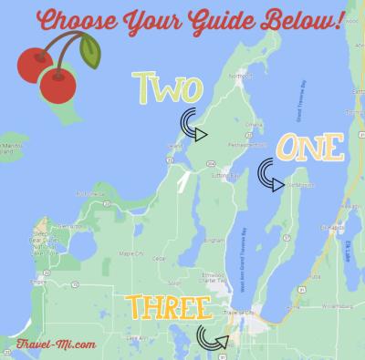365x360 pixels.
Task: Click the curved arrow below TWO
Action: coord(192,129)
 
